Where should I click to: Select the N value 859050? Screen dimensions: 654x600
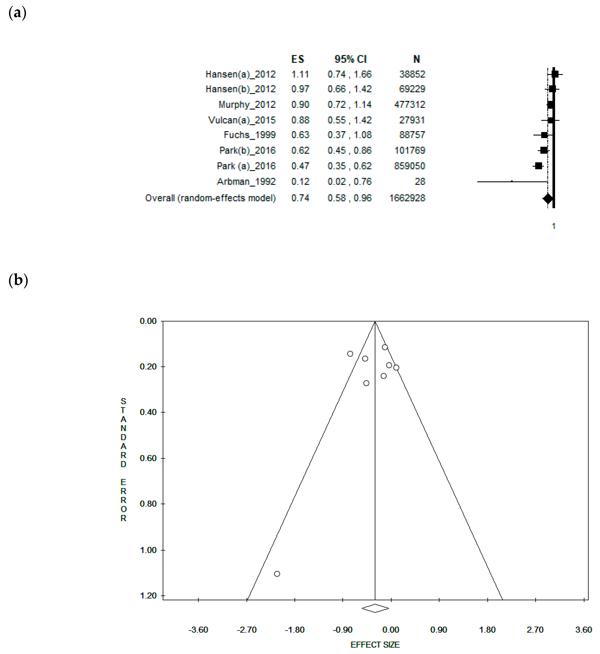(409, 166)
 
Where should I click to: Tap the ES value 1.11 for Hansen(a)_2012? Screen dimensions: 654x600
(300, 74)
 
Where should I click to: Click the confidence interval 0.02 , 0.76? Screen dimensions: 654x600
(349, 182)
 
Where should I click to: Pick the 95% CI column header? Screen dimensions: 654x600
(350, 59)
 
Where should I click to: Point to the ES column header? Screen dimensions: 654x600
(298, 59)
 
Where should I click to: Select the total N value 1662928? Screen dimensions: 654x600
(407, 198)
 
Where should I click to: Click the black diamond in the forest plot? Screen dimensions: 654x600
(548, 198)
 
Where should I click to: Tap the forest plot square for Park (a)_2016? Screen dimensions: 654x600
(538, 166)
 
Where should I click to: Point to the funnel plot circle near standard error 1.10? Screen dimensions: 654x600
(277, 574)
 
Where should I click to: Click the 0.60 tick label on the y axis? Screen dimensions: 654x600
(148, 458)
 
